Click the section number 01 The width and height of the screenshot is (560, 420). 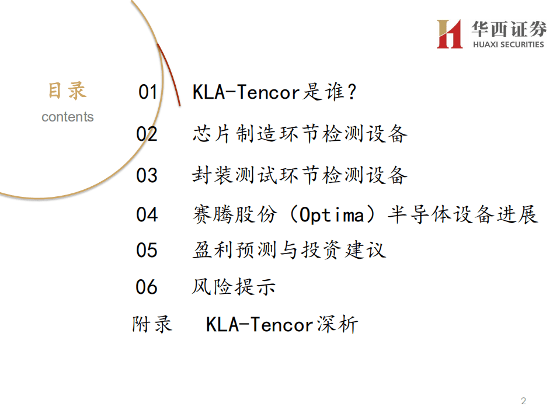(x=148, y=92)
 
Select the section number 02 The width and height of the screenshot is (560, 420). (x=147, y=134)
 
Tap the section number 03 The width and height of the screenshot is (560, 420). (x=147, y=175)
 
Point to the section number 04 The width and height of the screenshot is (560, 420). (x=147, y=214)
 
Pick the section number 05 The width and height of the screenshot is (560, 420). (x=147, y=250)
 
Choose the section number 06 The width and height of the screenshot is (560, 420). (x=147, y=287)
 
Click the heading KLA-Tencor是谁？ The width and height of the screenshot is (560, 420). (x=274, y=92)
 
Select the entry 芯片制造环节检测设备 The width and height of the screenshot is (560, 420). (x=300, y=134)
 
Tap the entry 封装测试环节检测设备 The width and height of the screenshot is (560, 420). (x=300, y=175)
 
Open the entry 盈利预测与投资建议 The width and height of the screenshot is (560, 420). (x=289, y=250)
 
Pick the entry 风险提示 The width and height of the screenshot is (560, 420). (x=234, y=287)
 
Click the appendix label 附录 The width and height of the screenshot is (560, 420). (x=152, y=324)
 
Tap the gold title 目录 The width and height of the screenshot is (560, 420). (x=67, y=91)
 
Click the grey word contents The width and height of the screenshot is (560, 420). (x=68, y=117)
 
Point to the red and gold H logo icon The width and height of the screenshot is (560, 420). (x=450, y=34)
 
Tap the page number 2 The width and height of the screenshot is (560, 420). (x=523, y=401)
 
